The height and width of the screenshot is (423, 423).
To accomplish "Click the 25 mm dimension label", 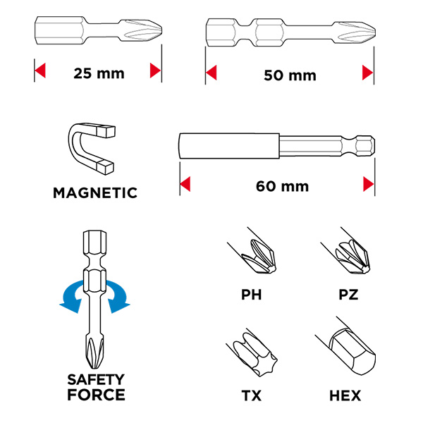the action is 99,73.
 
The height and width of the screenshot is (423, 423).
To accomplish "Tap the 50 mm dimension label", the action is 290,75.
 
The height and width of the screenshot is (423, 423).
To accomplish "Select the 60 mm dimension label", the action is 282,186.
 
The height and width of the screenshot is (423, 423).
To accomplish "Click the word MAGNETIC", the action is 95,193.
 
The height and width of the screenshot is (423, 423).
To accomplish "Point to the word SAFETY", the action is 96,379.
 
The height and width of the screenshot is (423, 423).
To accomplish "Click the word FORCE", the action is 96,395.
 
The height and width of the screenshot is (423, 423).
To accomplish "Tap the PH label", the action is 252,295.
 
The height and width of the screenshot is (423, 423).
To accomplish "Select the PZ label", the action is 348,295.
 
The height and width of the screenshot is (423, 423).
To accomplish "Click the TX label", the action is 252,396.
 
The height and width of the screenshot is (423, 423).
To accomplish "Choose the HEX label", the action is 345,396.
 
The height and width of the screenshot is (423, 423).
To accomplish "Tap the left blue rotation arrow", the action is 73,297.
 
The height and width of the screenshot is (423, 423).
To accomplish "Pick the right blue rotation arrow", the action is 118,297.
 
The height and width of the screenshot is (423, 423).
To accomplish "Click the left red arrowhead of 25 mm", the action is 40,70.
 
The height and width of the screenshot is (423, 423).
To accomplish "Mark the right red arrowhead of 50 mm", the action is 368,73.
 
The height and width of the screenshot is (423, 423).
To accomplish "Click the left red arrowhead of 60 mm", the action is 185,184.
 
